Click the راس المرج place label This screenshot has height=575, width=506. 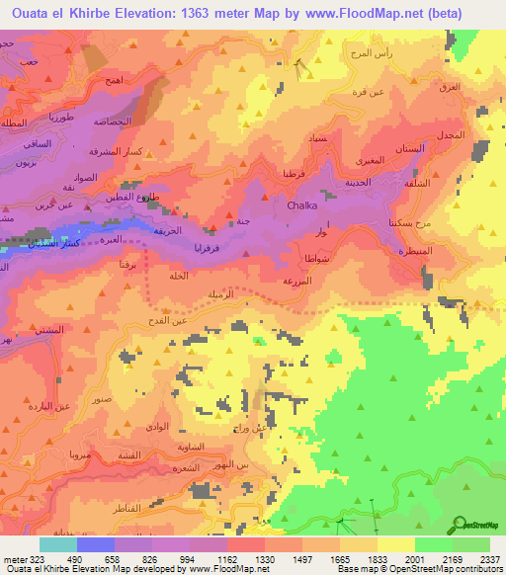tap(371, 51)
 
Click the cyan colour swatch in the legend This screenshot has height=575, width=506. tap(57, 543)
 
